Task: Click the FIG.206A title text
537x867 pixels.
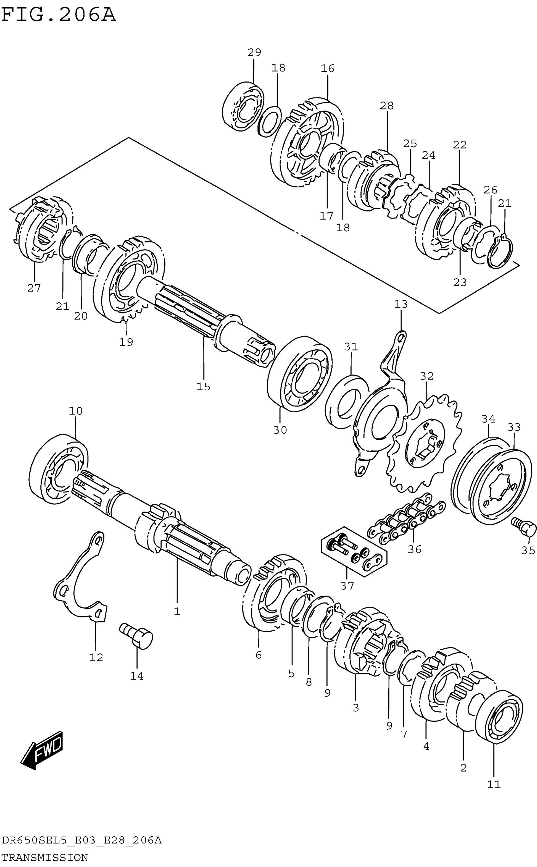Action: (x=59, y=15)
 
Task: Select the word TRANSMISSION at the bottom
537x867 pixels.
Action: (x=45, y=858)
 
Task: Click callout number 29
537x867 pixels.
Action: (x=254, y=53)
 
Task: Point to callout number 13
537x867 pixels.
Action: (x=401, y=304)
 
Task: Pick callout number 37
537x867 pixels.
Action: (x=347, y=586)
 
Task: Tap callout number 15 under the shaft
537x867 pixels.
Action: (x=203, y=387)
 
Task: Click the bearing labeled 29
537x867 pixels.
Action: (x=243, y=107)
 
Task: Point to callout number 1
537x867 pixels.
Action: (x=177, y=612)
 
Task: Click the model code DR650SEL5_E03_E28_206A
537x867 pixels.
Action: (x=82, y=840)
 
